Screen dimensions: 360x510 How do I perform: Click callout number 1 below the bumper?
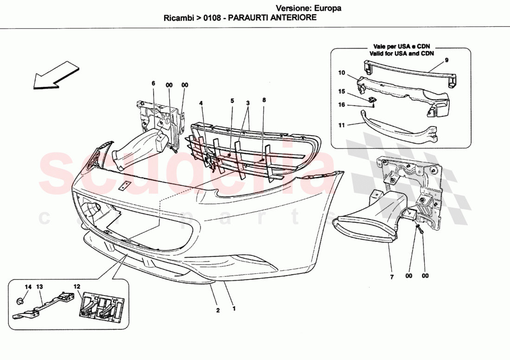(234, 307)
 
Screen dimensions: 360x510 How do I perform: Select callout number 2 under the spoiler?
(218, 310)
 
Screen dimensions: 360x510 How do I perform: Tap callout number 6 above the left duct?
(153, 83)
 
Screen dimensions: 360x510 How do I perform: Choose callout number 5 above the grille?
(232, 101)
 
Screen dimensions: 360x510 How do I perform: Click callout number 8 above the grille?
(263, 100)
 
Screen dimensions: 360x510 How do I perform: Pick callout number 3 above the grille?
(248, 102)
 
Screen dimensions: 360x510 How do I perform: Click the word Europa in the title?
(327, 8)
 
